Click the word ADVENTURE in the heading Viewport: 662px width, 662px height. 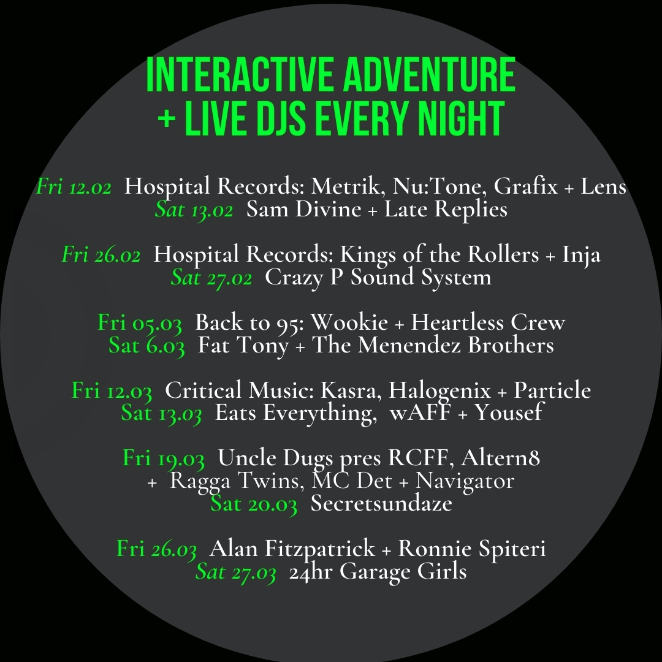coord(429,75)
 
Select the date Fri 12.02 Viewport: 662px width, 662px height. coord(74,186)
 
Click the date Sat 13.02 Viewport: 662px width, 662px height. coord(194,210)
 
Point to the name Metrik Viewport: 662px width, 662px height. coord(345,186)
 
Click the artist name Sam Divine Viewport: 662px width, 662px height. coord(303,208)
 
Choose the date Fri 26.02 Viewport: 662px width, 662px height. coord(101,254)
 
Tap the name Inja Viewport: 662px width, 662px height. coord(581,255)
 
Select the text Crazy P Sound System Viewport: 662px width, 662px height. coord(378,278)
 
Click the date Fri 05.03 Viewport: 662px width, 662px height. coord(140,323)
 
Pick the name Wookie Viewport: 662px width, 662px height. coord(349,322)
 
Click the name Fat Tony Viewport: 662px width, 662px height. coord(243,345)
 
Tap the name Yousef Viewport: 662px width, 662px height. coord(509,412)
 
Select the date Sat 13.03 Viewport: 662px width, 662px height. coord(161,413)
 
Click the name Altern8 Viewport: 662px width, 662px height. coord(500,458)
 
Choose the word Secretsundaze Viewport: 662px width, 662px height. coord(381,503)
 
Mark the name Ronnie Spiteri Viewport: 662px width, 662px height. coord(472,549)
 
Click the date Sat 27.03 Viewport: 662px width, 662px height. coord(235,572)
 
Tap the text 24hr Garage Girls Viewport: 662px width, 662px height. coord(378,572)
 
